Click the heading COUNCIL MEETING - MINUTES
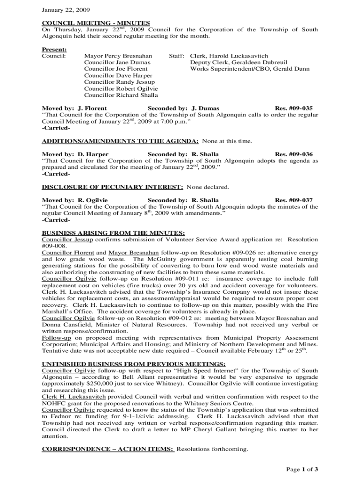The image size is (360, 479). tap(96, 23)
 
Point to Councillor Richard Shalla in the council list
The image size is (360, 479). tap(121, 95)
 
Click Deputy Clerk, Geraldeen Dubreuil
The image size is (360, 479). tap(238, 62)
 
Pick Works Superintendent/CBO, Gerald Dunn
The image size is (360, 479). tap(250, 69)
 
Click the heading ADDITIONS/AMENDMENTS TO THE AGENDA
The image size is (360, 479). tap(121, 141)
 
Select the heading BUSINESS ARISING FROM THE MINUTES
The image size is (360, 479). tap(114, 233)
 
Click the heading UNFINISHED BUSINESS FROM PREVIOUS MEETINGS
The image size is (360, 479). tap(134, 364)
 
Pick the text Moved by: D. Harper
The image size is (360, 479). tap(75, 154)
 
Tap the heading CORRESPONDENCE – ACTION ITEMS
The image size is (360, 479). tap(108, 449)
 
